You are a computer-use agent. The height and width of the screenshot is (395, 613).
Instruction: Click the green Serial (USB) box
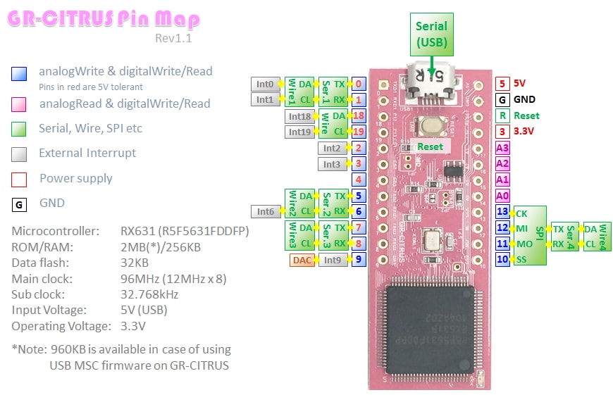click(431, 35)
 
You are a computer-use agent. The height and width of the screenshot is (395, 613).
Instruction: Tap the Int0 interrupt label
click(265, 84)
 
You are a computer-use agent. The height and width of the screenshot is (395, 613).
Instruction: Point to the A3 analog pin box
click(502, 148)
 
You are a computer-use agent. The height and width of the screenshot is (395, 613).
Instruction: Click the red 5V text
click(520, 83)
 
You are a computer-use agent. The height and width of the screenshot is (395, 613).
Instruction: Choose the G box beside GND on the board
click(502, 99)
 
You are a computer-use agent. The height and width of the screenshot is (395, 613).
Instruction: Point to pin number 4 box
click(359, 180)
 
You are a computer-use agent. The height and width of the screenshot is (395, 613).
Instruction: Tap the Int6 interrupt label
click(265, 211)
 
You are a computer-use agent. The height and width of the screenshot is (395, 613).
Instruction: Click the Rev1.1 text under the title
click(173, 38)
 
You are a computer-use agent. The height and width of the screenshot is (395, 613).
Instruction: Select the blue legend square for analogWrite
click(20, 73)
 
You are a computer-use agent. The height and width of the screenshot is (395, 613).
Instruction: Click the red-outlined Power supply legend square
click(20, 179)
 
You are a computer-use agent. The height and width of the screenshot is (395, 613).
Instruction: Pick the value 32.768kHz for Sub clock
click(149, 294)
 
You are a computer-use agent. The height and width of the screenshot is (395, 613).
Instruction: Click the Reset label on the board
click(430, 146)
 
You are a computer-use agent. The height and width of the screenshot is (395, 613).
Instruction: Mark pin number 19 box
click(359, 131)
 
